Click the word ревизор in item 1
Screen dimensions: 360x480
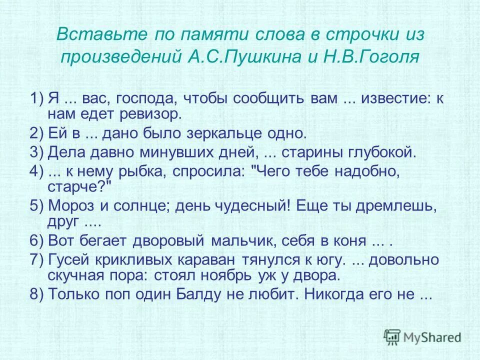tap(155, 115)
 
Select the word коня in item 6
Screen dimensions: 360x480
tap(350, 240)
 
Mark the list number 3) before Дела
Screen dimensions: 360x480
tap(37, 152)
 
